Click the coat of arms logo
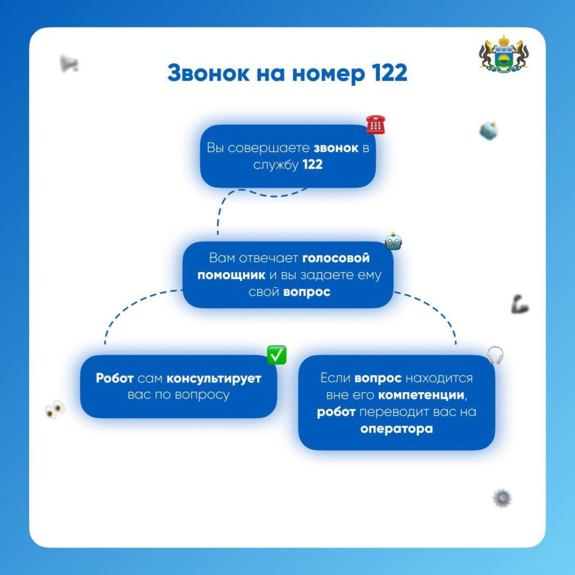(x=504, y=54)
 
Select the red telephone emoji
(x=376, y=125)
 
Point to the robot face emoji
(x=393, y=241)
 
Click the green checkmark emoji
(x=276, y=355)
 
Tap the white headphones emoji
(x=495, y=355)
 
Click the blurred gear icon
(x=502, y=498)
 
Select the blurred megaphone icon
(x=69, y=64)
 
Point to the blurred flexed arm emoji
(x=520, y=304)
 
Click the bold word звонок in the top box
(x=336, y=148)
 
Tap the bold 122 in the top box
(x=312, y=165)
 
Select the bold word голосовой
(x=336, y=258)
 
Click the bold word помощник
(x=231, y=275)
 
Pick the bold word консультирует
(x=214, y=379)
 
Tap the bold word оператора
(x=397, y=429)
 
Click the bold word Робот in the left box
(x=115, y=379)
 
